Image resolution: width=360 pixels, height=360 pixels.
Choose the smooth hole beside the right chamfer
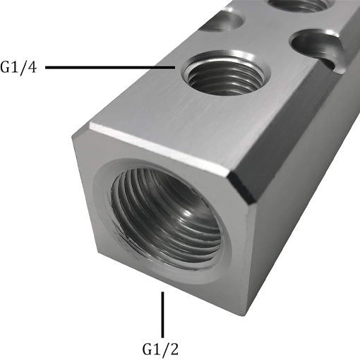point(316,45)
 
